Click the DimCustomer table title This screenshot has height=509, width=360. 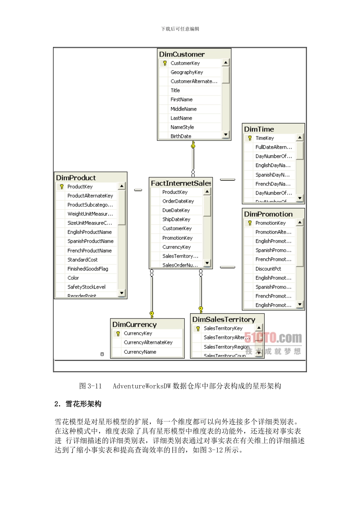click(x=182, y=55)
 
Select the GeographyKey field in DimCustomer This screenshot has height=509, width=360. click(x=187, y=72)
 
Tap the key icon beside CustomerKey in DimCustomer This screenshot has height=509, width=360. click(x=165, y=63)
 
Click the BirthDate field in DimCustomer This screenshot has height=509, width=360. click(x=181, y=136)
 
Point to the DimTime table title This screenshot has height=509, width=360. click(x=259, y=129)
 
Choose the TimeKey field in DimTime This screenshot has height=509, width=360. click(x=265, y=138)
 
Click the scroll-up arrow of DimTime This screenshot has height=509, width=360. click(x=300, y=138)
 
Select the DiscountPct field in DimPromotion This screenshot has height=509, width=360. click(x=268, y=269)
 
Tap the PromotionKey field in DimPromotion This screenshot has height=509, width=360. click(x=271, y=223)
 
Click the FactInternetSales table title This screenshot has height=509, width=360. click(x=181, y=183)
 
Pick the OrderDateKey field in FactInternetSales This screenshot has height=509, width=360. click(x=178, y=201)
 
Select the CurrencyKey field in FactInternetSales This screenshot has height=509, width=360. click(x=177, y=247)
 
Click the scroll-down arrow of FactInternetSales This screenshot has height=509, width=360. click(x=207, y=263)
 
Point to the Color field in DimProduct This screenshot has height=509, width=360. click(x=73, y=278)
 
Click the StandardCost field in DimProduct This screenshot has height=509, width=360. click(x=83, y=260)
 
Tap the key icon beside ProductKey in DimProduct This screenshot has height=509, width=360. click(x=62, y=187)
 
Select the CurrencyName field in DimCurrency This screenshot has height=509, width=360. click(x=140, y=352)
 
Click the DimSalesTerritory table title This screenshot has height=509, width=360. click(x=224, y=320)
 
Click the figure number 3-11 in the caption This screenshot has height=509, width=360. click(x=95, y=386)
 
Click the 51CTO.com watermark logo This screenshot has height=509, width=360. click(x=273, y=337)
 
